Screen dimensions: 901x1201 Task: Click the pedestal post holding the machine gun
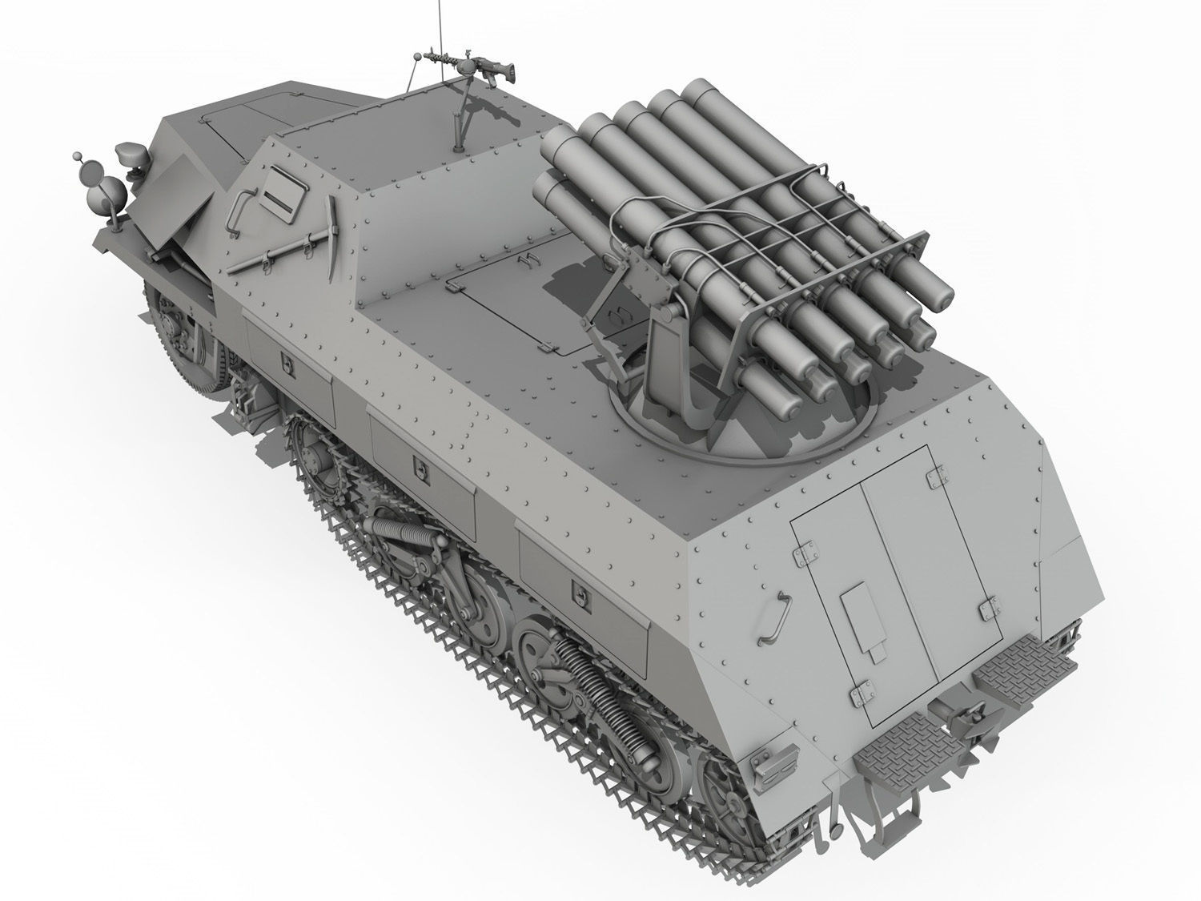460,120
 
